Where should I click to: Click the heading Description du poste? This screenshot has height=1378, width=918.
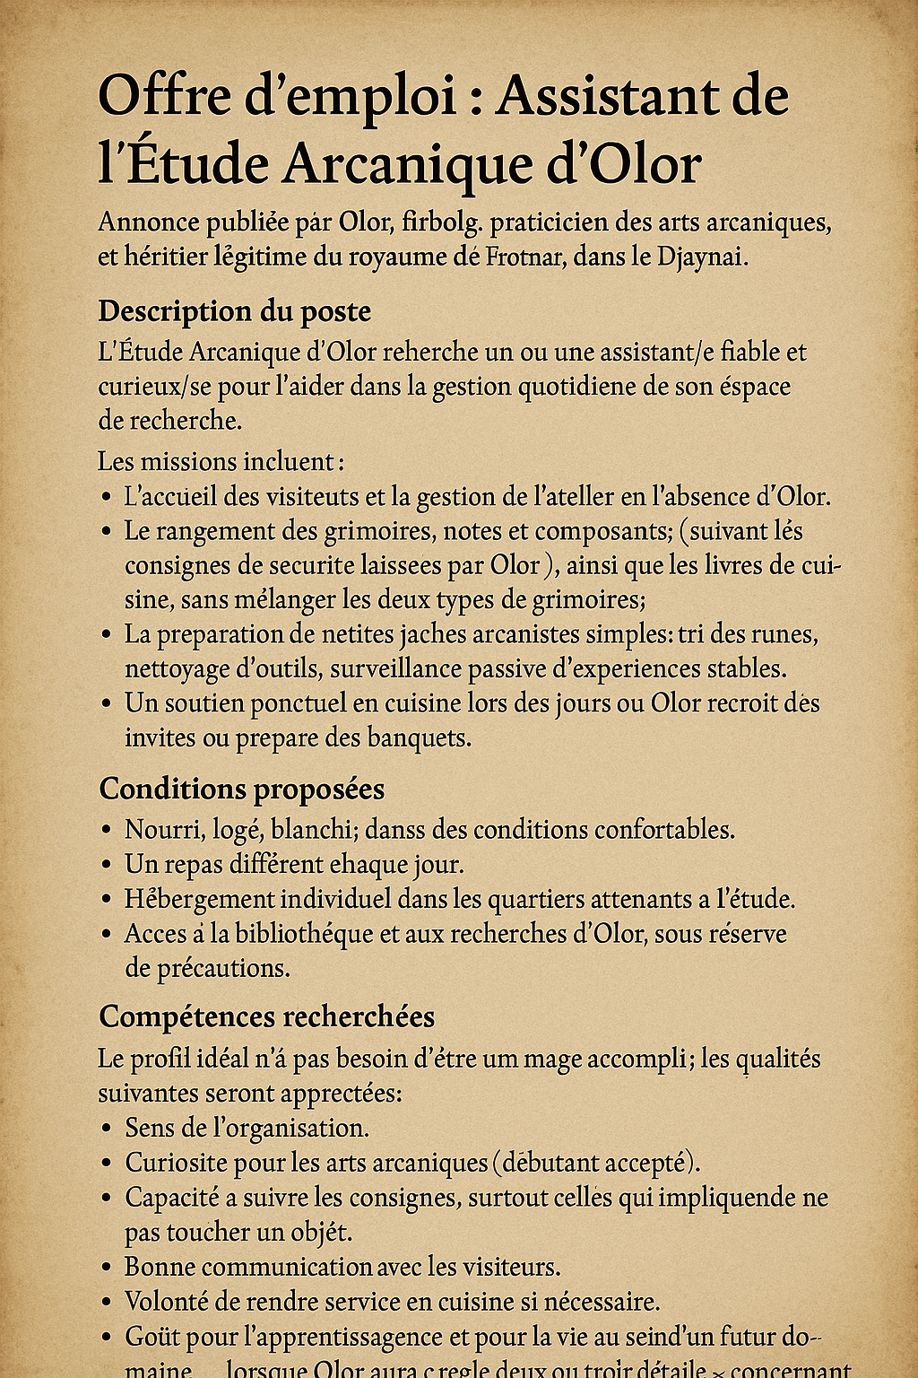coord(234,311)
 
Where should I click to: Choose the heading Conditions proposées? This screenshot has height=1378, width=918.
coord(241,789)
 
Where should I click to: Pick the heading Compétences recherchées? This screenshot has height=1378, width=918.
coord(266,1016)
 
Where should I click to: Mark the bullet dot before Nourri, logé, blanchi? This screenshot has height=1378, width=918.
coord(107,831)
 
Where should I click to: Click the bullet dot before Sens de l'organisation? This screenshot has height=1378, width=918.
coord(107,1129)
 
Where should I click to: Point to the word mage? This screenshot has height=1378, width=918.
coord(549,1060)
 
